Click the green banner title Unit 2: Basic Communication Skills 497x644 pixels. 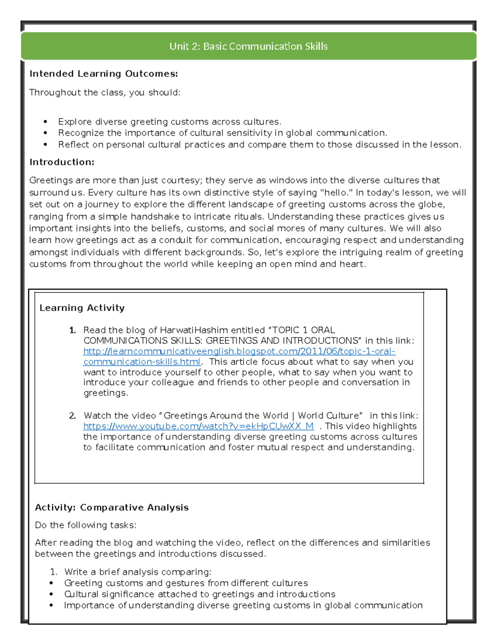point(248,46)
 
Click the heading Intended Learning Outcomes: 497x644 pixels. point(104,74)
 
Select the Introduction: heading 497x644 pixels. point(62,162)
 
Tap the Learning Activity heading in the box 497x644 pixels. point(82,308)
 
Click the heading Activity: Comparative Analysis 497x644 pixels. point(112,508)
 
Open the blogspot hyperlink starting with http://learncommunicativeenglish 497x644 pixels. point(239,351)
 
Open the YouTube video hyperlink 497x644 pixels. point(198,426)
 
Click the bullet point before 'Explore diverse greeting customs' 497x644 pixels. point(46,122)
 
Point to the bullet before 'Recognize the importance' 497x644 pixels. point(46,133)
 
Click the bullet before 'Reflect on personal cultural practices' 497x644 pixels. point(46,145)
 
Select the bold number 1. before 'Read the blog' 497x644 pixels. point(72,331)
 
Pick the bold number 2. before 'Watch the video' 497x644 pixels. point(72,416)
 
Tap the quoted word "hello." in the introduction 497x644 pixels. point(337,193)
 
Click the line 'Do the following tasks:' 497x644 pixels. point(85,525)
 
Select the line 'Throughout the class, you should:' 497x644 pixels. point(105,92)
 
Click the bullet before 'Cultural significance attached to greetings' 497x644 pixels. point(51,594)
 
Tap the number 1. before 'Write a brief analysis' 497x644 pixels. point(54,572)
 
